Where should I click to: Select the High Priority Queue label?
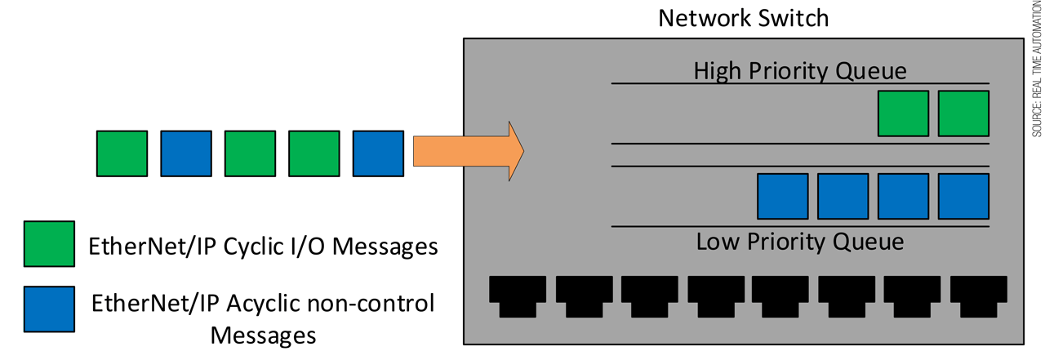tap(799, 70)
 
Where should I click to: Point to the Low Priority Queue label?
tap(799, 242)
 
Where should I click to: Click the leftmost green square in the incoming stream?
tap(122, 153)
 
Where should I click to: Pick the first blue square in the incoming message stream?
tap(186, 153)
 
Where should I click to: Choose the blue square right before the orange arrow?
tap(378, 153)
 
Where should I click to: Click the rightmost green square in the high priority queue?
tap(963, 113)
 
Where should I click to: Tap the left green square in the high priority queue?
tap(903, 113)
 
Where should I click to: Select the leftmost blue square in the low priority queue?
tap(783, 196)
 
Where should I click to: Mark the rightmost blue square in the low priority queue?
tap(963, 196)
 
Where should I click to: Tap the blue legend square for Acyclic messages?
tap(49, 309)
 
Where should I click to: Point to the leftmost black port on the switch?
tap(517, 295)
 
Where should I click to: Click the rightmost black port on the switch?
tap(977, 295)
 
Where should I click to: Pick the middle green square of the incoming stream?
tap(250, 153)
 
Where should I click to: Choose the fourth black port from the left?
tap(714, 295)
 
